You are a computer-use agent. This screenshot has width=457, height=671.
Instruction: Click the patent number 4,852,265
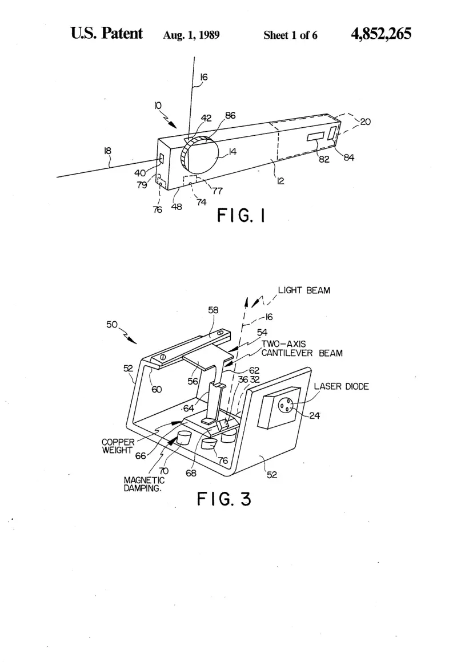click(x=381, y=33)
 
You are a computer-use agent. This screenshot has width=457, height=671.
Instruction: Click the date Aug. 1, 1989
click(x=191, y=35)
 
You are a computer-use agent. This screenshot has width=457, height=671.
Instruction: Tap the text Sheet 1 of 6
click(x=290, y=35)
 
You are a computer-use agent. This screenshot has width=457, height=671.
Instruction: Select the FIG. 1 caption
click(x=241, y=215)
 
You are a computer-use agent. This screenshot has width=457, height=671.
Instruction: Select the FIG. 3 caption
click(x=224, y=499)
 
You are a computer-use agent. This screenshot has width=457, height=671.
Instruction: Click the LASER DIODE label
click(x=342, y=386)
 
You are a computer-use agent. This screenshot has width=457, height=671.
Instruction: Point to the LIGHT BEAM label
click(x=304, y=290)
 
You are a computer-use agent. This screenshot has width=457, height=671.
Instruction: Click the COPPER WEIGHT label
click(x=118, y=446)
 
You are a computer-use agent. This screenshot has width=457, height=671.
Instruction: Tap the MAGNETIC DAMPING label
click(x=144, y=484)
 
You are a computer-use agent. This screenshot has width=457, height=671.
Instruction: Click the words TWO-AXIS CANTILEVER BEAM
click(x=302, y=349)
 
